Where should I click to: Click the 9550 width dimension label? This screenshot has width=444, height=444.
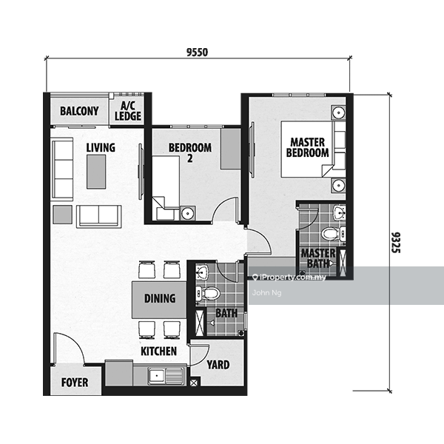[x=197, y=53]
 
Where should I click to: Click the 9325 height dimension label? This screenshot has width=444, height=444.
[x=396, y=243]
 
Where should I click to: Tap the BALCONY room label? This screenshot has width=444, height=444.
[x=79, y=111]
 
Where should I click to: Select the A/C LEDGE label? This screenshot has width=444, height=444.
[x=128, y=111]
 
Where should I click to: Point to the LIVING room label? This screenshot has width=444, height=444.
[x=101, y=147]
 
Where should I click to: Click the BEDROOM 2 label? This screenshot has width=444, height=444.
[x=190, y=152]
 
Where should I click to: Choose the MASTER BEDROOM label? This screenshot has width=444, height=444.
[x=308, y=147]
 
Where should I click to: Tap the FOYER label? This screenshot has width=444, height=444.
[x=75, y=383]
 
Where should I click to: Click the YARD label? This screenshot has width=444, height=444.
[x=218, y=365]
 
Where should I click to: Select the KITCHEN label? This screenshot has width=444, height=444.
[x=158, y=351]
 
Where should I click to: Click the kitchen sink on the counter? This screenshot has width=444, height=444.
[x=166, y=376]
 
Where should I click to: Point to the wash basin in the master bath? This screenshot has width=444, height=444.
[x=339, y=213]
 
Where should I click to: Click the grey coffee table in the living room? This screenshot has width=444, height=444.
[x=96, y=172]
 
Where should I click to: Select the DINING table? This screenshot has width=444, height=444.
[x=159, y=300]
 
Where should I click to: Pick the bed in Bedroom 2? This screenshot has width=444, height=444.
[x=166, y=188]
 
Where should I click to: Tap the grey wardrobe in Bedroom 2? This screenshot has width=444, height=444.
[x=231, y=149]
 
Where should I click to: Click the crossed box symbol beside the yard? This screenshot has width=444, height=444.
[x=193, y=383]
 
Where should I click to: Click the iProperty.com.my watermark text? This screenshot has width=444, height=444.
[x=289, y=277]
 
